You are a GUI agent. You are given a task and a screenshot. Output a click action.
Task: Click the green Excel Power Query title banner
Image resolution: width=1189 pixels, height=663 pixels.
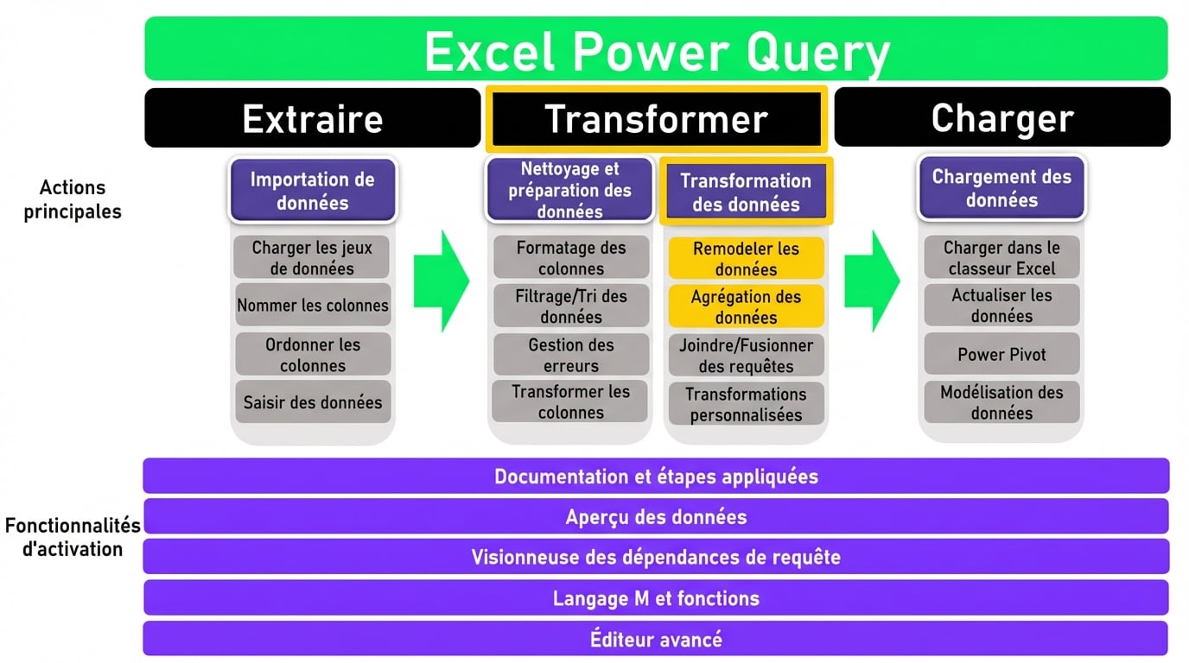(656, 49)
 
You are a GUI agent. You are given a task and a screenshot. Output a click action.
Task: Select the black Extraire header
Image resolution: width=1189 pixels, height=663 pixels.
(312, 117)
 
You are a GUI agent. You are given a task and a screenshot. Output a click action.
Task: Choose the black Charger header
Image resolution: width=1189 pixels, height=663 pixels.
(1001, 117)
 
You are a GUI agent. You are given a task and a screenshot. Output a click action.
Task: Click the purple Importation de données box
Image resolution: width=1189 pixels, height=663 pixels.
(312, 191)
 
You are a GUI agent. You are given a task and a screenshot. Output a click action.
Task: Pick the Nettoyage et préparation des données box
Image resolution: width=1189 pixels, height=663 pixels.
(569, 190)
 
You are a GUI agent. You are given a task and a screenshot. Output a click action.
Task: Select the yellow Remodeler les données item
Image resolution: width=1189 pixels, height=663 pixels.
(746, 259)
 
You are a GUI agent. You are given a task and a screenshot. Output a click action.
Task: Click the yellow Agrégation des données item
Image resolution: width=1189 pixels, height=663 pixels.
(746, 307)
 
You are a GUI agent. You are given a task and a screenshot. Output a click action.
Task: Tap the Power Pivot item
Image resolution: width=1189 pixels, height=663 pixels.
(1001, 354)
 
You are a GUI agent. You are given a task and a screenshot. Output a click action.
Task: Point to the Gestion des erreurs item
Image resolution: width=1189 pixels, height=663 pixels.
(570, 355)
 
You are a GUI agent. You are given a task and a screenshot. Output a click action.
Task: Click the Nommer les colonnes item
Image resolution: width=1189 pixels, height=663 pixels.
(312, 306)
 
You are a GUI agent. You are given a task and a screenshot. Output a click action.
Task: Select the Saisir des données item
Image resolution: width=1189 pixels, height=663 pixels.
(312, 402)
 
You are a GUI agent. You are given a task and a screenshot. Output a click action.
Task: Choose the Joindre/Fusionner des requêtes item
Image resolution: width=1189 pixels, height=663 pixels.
(746, 356)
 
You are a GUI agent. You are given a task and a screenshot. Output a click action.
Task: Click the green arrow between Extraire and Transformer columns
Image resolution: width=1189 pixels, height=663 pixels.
(441, 281)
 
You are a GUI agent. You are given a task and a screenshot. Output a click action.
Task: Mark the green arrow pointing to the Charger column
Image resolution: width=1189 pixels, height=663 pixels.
(871, 281)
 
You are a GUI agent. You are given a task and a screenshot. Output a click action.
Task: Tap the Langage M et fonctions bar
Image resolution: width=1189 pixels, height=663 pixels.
(656, 597)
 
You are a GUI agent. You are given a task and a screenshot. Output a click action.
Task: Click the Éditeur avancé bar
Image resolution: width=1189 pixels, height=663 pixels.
(656, 639)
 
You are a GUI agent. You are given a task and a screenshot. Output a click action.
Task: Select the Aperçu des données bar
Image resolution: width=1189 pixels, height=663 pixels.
(656, 516)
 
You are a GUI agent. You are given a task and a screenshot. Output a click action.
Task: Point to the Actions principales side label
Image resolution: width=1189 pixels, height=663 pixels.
(73, 199)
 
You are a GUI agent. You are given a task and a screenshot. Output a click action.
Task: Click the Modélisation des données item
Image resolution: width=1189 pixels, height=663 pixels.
(1001, 402)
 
